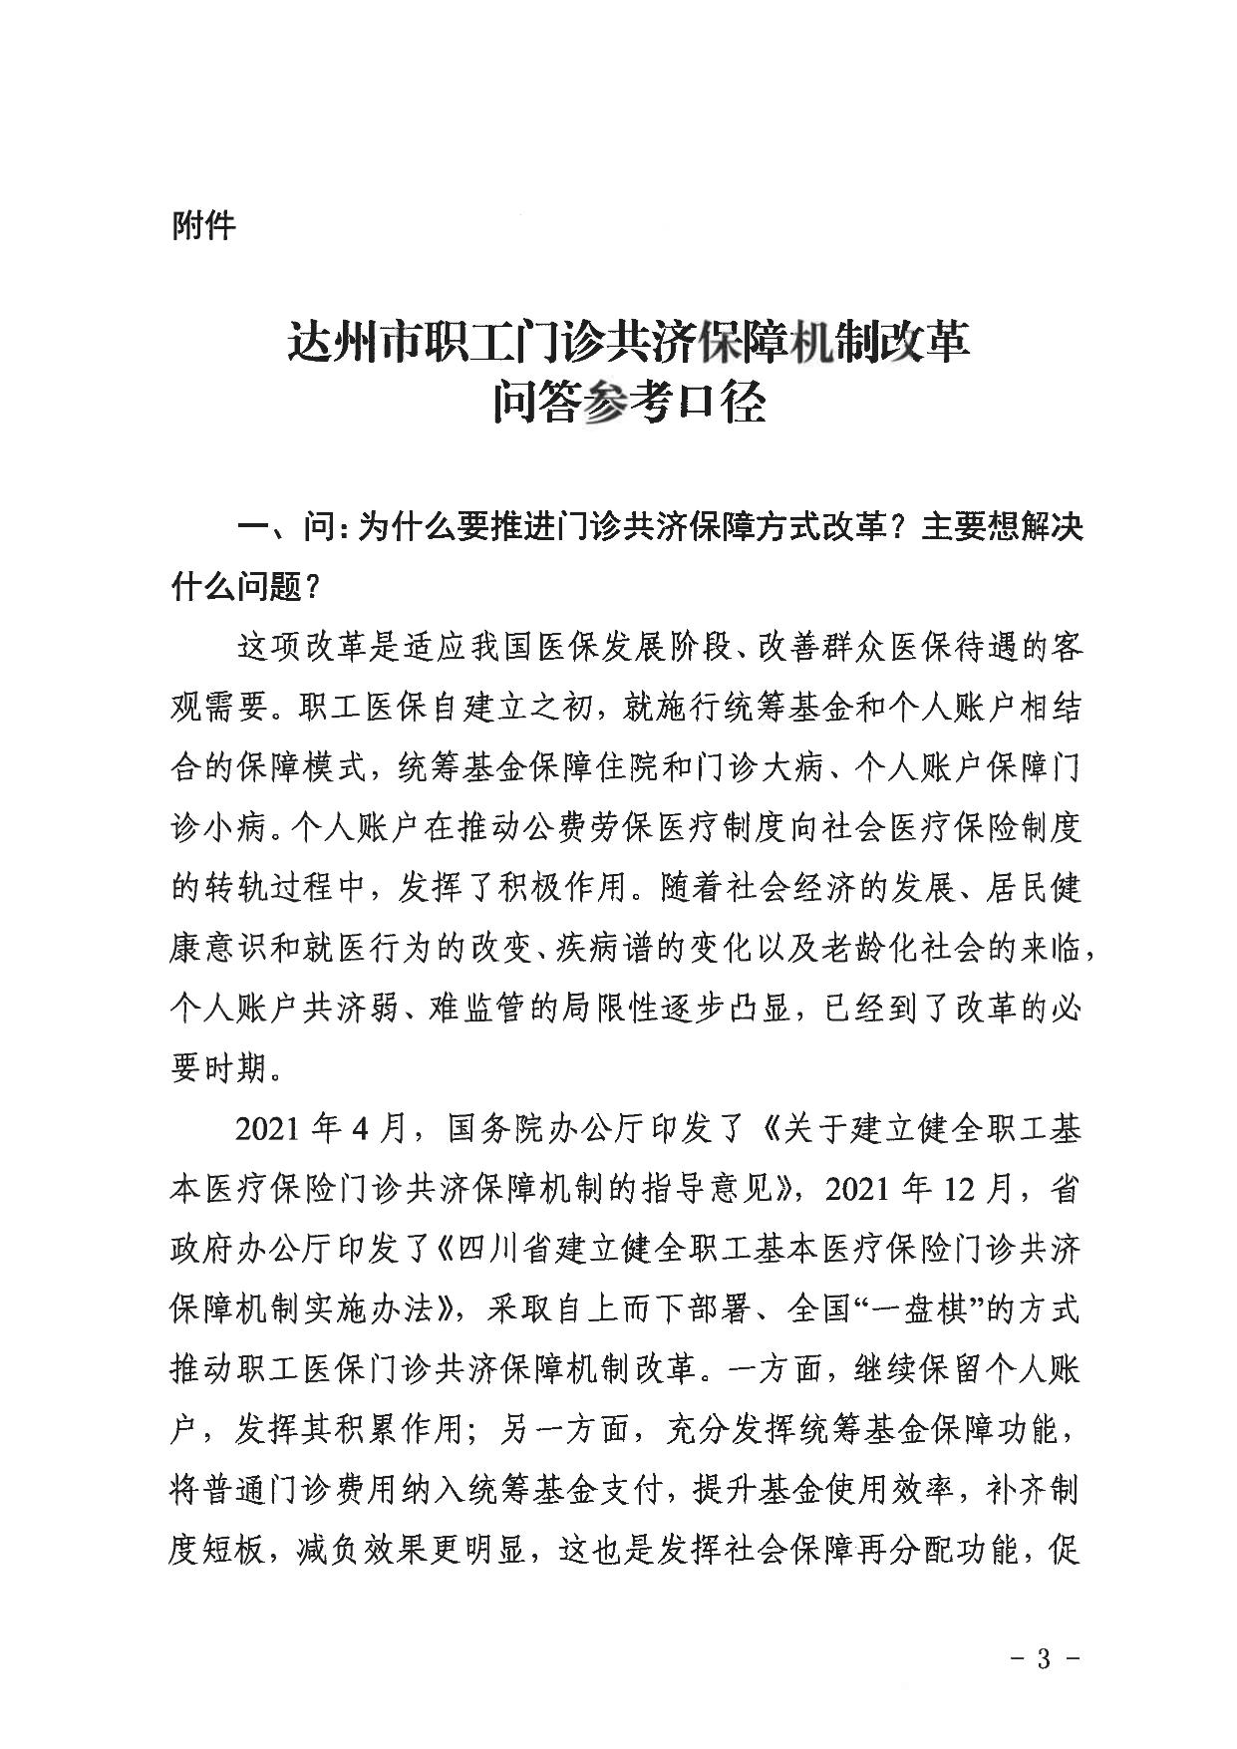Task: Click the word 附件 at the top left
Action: (204, 226)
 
